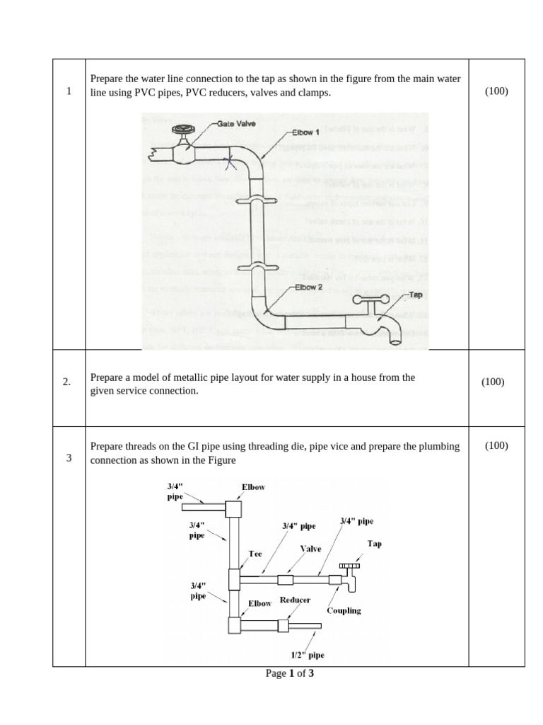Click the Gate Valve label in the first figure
(x=236, y=124)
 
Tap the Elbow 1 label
(x=306, y=132)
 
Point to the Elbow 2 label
(x=308, y=287)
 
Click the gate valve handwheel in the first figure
(x=182, y=130)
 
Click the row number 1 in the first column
(x=69, y=91)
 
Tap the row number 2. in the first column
(x=67, y=382)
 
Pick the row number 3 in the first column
(x=69, y=457)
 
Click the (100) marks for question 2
(x=493, y=382)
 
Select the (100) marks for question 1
(x=496, y=91)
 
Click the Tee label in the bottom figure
(x=255, y=554)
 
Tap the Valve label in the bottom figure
(x=310, y=549)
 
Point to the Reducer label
(x=295, y=600)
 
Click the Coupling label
(x=344, y=610)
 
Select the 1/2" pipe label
(x=308, y=656)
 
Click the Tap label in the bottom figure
(x=374, y=544)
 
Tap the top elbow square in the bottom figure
(x=233, y=508)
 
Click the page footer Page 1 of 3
(x=290, y=673)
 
